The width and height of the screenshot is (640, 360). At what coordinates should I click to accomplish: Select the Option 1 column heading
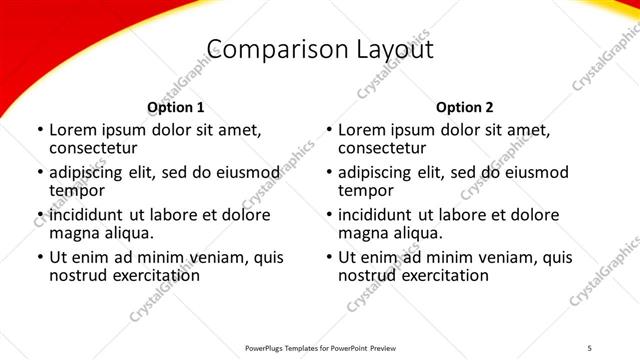[176, 107]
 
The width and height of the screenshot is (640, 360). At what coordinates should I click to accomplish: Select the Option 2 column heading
[465, 107]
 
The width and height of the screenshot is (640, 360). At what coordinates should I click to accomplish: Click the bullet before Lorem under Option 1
[39, 131]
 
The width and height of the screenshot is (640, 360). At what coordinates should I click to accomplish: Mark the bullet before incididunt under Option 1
[39, 216]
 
